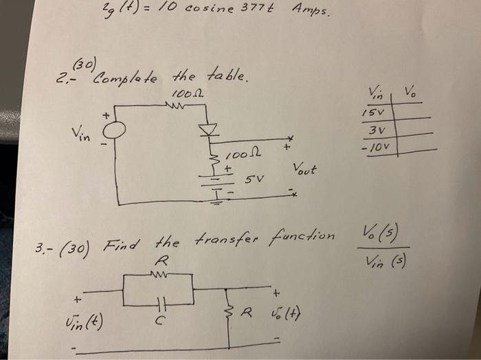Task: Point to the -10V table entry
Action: click(379, 148)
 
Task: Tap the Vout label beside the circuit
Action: click(306, 168)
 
